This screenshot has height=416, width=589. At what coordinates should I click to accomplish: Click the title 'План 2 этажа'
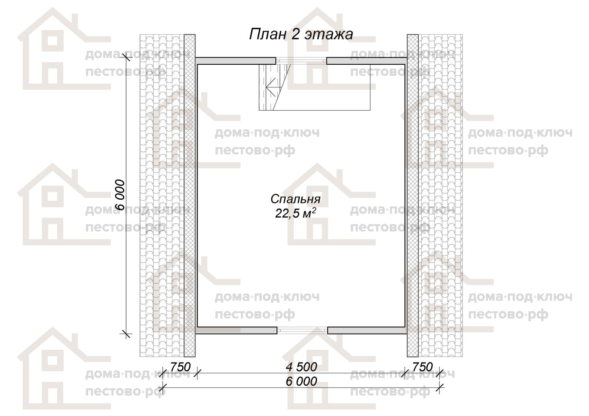(301, 34)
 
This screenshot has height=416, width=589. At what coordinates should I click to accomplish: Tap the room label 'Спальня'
(295, 200)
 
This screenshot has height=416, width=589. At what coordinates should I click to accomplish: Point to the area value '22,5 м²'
(295, 213)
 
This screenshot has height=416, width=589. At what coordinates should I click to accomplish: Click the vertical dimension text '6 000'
(120, 195)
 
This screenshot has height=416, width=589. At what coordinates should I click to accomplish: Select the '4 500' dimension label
(301, 367)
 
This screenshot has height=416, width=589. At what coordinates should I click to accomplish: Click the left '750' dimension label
(180, 367)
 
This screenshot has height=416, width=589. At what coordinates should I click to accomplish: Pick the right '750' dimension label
(422, 367)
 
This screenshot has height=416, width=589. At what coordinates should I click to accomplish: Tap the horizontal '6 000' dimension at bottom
(301, 381)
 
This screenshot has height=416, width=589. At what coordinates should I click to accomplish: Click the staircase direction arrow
(271, 87)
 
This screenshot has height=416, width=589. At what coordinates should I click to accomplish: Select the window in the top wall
(301, 61)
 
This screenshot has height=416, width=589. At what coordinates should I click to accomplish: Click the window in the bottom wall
(302, 330)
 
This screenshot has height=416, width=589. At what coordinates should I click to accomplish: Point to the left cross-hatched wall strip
(189, 195)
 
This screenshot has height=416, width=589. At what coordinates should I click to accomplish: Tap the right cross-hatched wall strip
(412, 195)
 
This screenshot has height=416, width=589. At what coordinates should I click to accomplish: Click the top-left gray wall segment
(236, 61)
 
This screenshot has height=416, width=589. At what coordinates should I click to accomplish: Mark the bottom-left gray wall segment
(236, 330)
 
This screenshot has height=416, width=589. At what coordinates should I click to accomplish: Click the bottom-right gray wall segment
(367, 330)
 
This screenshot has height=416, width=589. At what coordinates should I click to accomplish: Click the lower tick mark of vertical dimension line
(126, 334)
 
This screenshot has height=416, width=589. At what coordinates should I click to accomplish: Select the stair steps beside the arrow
(263, 87)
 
